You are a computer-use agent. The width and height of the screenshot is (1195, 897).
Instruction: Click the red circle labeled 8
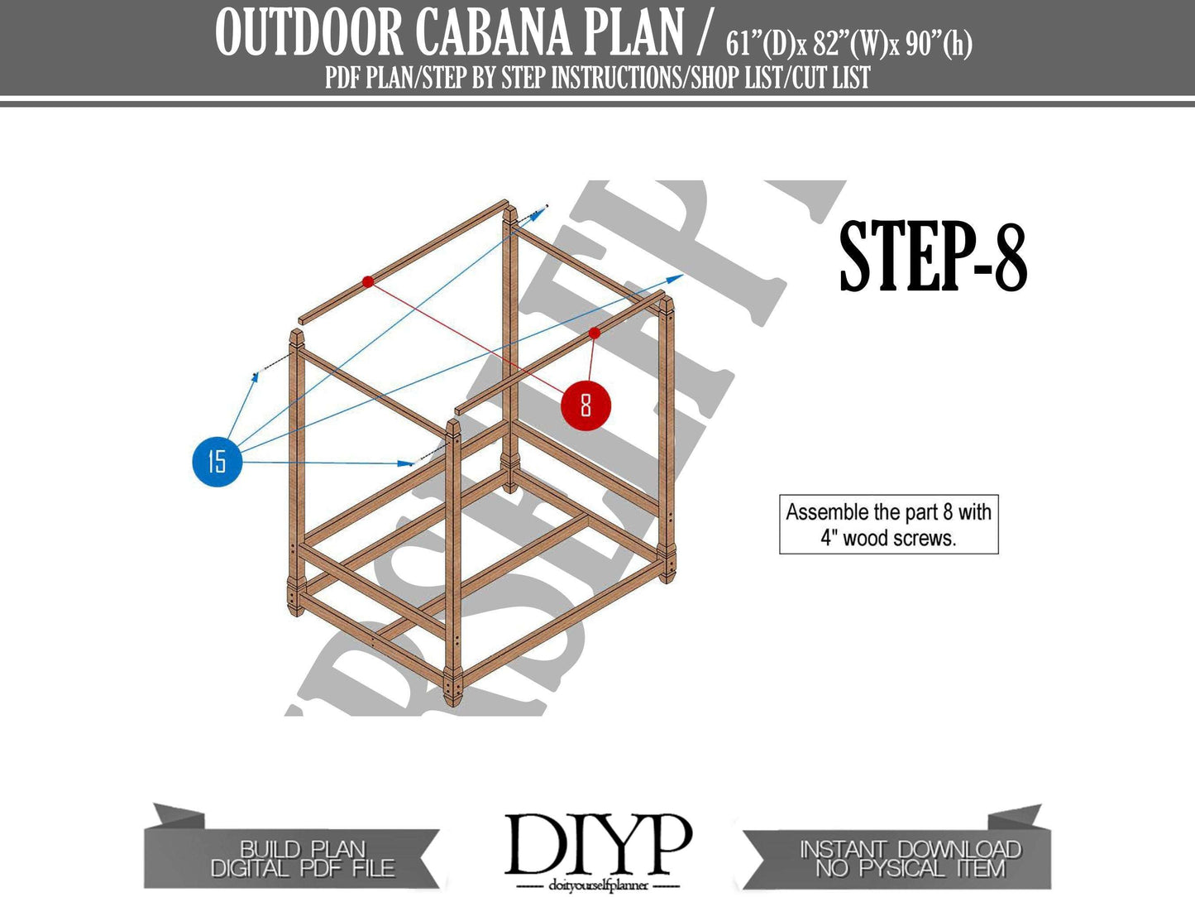pyautogui.click(x=586, y=405)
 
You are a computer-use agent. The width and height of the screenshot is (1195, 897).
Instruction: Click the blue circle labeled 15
pyautogui.click(x=217, y=461)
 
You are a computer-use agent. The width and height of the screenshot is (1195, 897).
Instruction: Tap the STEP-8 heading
pyautogui.click(x=932, y=257)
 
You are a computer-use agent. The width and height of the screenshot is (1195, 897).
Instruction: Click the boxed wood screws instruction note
pyautogui.click(x=888, y=525)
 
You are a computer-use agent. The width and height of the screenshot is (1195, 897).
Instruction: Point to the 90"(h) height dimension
pyautogui.click(x=939, y=43)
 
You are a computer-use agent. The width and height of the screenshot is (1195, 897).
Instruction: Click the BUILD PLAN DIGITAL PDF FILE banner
pyautogui.click(x=303, y=859)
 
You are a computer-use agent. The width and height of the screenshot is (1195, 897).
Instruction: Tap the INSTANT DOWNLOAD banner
pyautogui.click(x=910, y=859)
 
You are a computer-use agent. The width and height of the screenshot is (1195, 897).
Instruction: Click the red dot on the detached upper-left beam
pyautogui.click(x=368, y=282)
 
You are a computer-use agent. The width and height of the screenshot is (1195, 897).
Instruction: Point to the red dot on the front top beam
pyautogui.click(x=594, y=333)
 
